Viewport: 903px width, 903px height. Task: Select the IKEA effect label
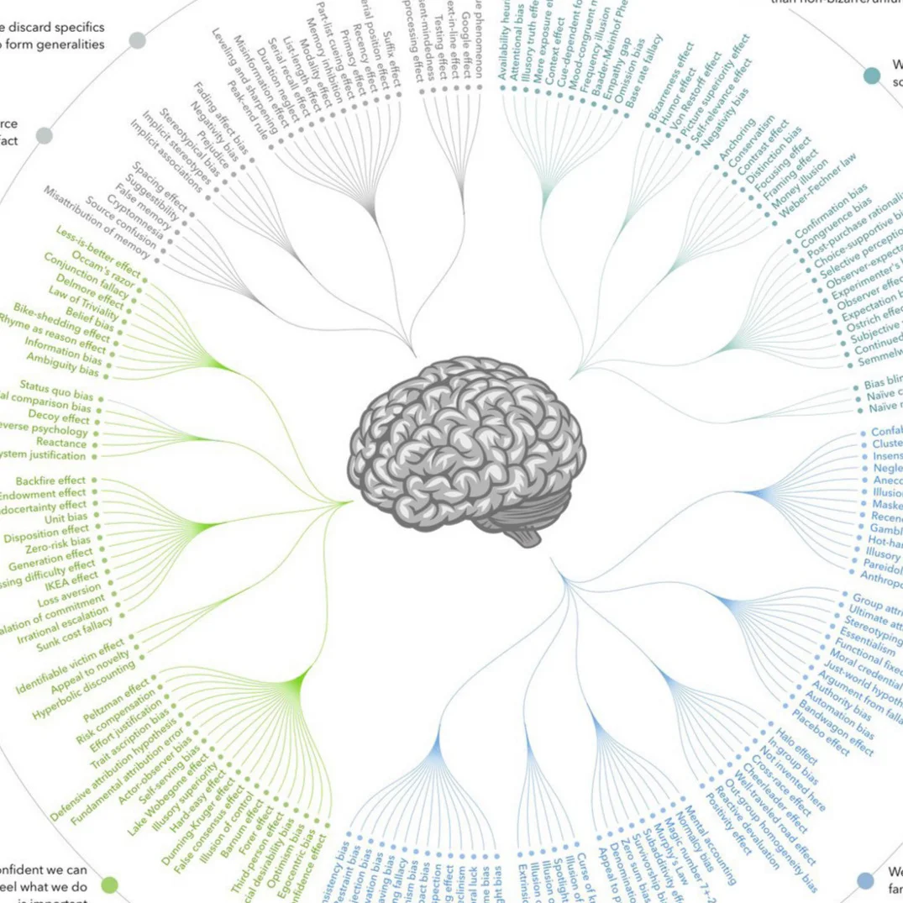click(x=71, y=579)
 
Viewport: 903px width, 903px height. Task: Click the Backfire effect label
click(x=50, y=480)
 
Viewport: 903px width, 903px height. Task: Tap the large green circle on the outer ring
click(x=109, y=884)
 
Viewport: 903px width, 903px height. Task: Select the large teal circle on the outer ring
click(x=873, y=76)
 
